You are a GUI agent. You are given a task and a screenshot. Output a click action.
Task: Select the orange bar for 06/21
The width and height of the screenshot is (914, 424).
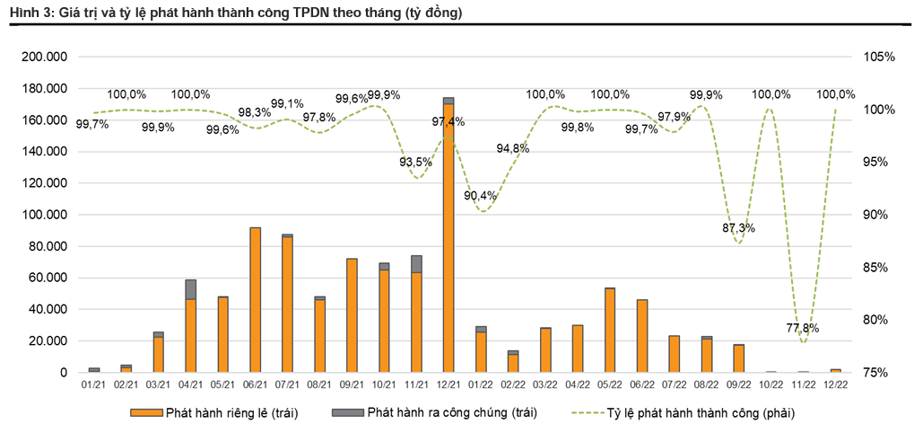tap(256, 300)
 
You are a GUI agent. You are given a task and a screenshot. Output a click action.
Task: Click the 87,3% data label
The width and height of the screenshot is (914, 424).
tap(738, 228)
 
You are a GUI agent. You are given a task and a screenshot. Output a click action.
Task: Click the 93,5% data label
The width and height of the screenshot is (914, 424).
tap(415, 162)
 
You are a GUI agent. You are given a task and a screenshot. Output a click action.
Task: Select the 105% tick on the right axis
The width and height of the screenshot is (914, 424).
tap(880, 57)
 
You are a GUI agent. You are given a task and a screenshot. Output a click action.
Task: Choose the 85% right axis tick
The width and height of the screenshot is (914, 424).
tap(880, 267)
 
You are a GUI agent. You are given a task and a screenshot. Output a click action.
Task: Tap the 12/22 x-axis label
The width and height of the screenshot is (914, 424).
tap(835, 384)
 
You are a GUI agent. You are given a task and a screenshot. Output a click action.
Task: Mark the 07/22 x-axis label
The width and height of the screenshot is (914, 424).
tap(675, 384)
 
